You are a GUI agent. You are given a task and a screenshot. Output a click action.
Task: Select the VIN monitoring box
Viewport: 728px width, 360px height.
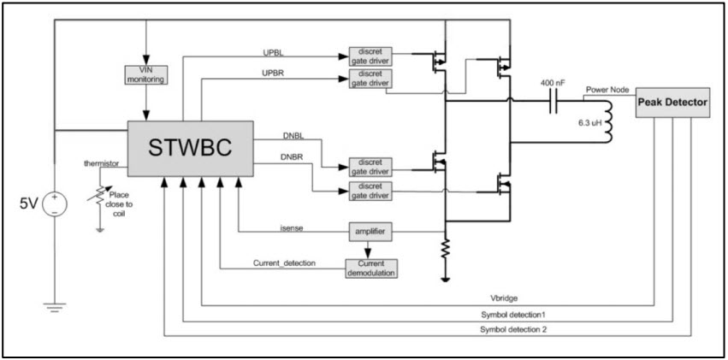click(x=147, y=74)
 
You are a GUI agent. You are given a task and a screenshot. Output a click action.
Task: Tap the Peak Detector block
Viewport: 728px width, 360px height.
click(x=672, y=103)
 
